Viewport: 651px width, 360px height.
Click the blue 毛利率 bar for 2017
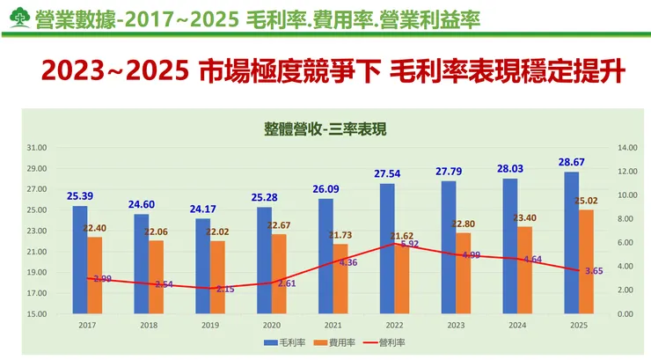80,260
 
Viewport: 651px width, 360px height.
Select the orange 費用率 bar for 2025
586,261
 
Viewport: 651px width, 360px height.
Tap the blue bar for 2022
387,249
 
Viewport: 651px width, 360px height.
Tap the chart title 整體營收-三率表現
325,129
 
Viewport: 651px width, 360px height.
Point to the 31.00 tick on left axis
37,148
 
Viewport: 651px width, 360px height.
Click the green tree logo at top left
17,18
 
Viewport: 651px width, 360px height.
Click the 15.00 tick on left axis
37,313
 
